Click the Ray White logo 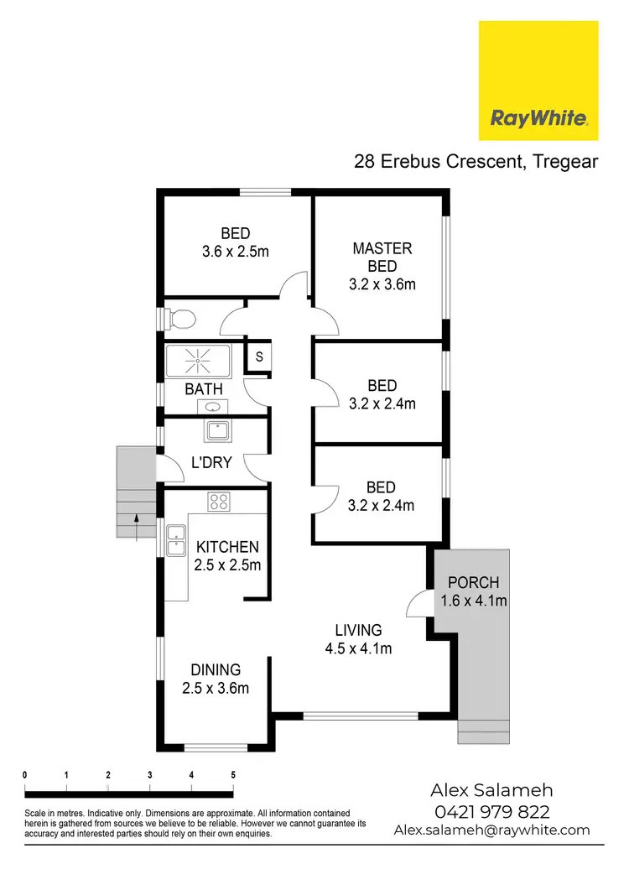point(538,81)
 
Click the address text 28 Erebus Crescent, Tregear point(476,162)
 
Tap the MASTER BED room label point(382,266)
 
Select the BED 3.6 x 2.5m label point(236,242)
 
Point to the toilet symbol point(179,319)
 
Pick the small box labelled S point(259,357)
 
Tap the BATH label point(204,389)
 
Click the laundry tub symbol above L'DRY point(214,431)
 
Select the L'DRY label point(211,463)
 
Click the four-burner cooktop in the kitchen point(220,502)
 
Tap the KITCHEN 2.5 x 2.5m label point(227,556)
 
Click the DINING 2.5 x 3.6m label point(216,679)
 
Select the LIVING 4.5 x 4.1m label point(358,638)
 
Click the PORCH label point(474,591)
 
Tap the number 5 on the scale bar point(232,774)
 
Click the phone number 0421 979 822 point(491,811)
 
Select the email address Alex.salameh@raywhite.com point(491,830)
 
